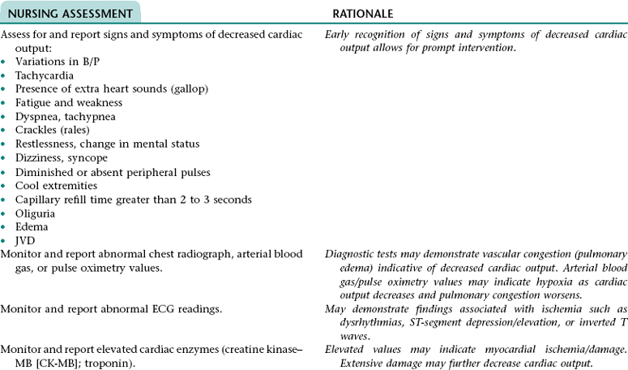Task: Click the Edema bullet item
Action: pos(31,227)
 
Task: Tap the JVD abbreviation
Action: pos(25,241)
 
